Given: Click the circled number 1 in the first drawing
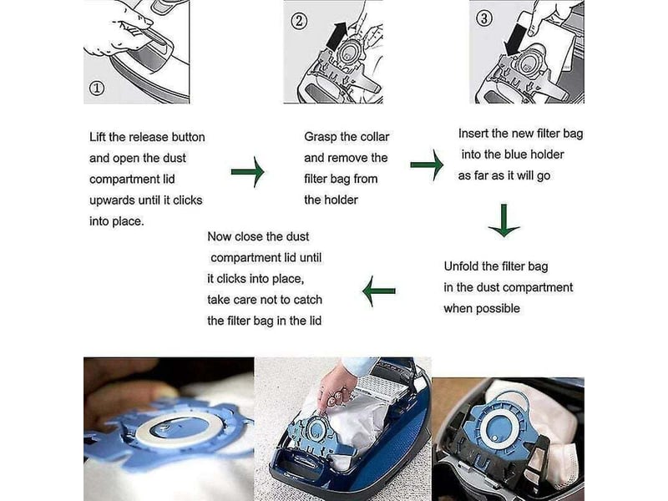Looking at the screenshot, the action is point(97,89).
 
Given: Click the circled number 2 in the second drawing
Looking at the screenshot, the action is point(299,21).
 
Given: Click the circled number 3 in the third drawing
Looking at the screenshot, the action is point(483,18).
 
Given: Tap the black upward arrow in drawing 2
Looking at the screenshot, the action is point(337,36).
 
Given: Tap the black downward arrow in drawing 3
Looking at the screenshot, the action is point(514,39).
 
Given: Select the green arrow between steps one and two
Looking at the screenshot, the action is point(247,172).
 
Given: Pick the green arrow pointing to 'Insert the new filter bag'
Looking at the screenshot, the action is point(427,164).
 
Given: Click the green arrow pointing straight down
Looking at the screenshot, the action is point(504,220).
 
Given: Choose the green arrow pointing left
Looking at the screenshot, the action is point(379,291).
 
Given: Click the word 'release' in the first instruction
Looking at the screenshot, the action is point(149,137).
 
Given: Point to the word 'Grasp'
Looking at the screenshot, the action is point(320,137).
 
